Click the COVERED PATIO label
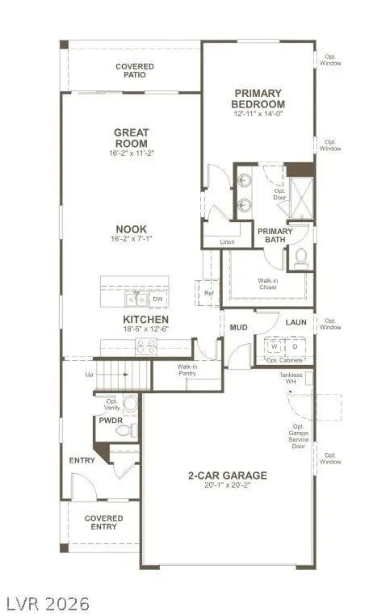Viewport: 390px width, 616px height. tap(134, 70)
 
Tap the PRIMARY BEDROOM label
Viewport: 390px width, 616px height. tap(258, 98)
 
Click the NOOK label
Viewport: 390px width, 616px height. tap(130, 228)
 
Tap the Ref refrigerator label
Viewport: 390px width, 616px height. tap(208, 293)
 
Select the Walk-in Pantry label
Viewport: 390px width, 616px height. tap(187, 371)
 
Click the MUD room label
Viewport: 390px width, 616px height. tap(238, 328)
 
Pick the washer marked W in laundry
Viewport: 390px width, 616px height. tap(274, 346)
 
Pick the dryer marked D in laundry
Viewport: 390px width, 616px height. tap(295, 346)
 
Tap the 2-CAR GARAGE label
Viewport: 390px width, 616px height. tap(228, 476)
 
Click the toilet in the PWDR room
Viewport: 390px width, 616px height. tap(124, 432)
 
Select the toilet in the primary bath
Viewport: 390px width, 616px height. tap(300, 258)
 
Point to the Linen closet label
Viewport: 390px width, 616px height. tap(227, 241)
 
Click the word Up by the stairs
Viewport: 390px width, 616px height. tap(89, 375)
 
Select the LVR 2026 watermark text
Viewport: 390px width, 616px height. tap(46, 603)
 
